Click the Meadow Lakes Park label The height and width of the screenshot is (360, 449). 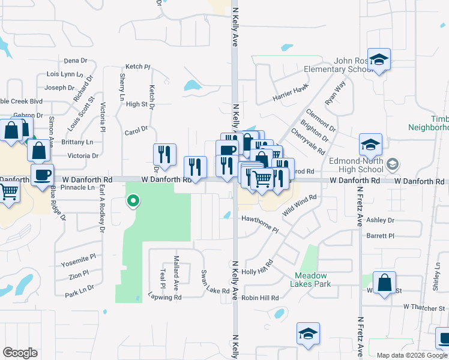coord(313,280)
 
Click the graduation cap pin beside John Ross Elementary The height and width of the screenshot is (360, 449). coord(379,60)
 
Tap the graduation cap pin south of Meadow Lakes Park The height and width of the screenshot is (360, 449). coord(308,334)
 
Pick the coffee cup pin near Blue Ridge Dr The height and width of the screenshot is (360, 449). coord(42,175)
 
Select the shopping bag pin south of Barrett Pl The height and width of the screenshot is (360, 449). coord(384,283)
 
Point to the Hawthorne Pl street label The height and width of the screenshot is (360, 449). coord(261,224)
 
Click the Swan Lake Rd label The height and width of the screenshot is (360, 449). coord(215,283)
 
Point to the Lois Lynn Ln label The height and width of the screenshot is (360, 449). coord(65,74)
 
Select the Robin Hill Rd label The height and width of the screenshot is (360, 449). coord(261,298)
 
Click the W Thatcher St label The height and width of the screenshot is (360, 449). coord(425,307)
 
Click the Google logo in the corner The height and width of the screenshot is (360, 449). coord(20,353)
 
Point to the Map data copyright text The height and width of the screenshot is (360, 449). coord(412,355)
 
